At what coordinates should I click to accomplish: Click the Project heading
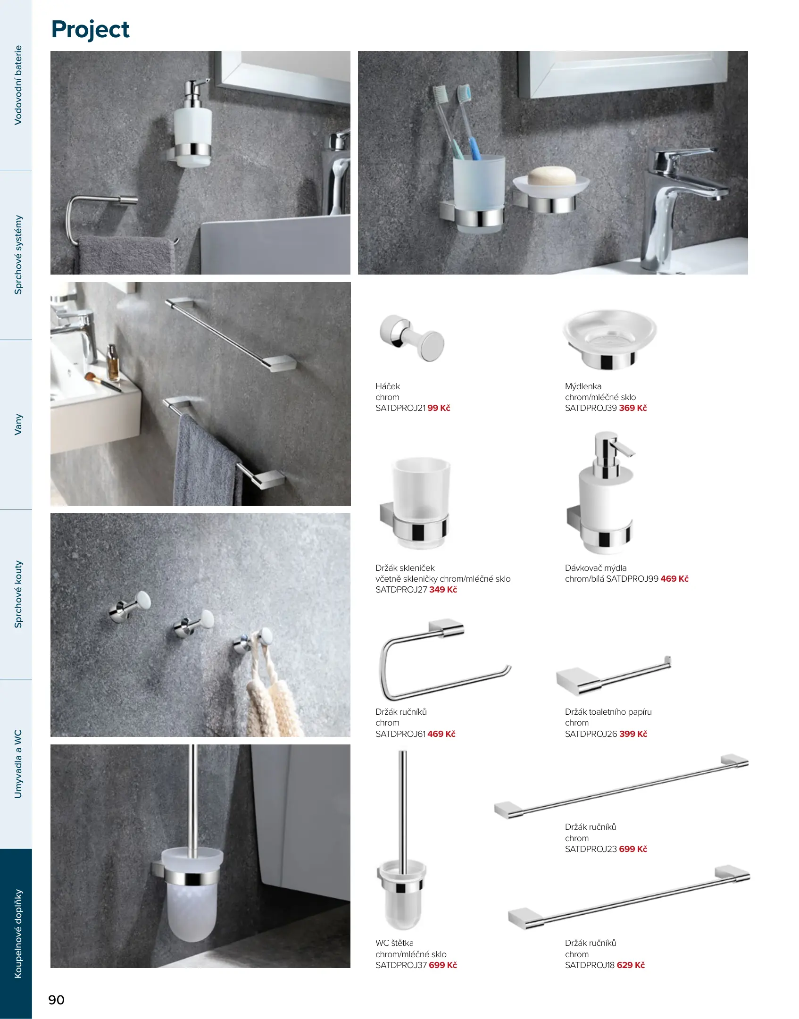point(90,30)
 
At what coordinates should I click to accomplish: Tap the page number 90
point(57,1000)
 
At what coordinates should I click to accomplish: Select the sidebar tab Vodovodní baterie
point(18,85)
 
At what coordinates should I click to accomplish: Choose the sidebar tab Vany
point(18,425)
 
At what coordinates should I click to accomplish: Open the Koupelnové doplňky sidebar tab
point(18,934)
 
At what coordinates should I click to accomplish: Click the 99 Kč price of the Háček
point(439,408)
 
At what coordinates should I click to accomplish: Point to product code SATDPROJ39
point(591,408)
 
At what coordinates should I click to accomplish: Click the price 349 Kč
point(443,590)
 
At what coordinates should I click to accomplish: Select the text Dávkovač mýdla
point(596,568)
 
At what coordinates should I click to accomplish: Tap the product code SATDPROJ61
point(400,734)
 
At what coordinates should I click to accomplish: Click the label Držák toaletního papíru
point(608,712)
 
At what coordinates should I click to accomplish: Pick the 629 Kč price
point(631,965)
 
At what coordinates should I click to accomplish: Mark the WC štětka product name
point(394,943)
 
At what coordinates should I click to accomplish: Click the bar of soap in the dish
point(551,176)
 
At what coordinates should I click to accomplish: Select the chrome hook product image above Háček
point(412,338)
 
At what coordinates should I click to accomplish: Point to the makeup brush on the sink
point(102,382)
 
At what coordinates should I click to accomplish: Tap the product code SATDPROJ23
point(591,849)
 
